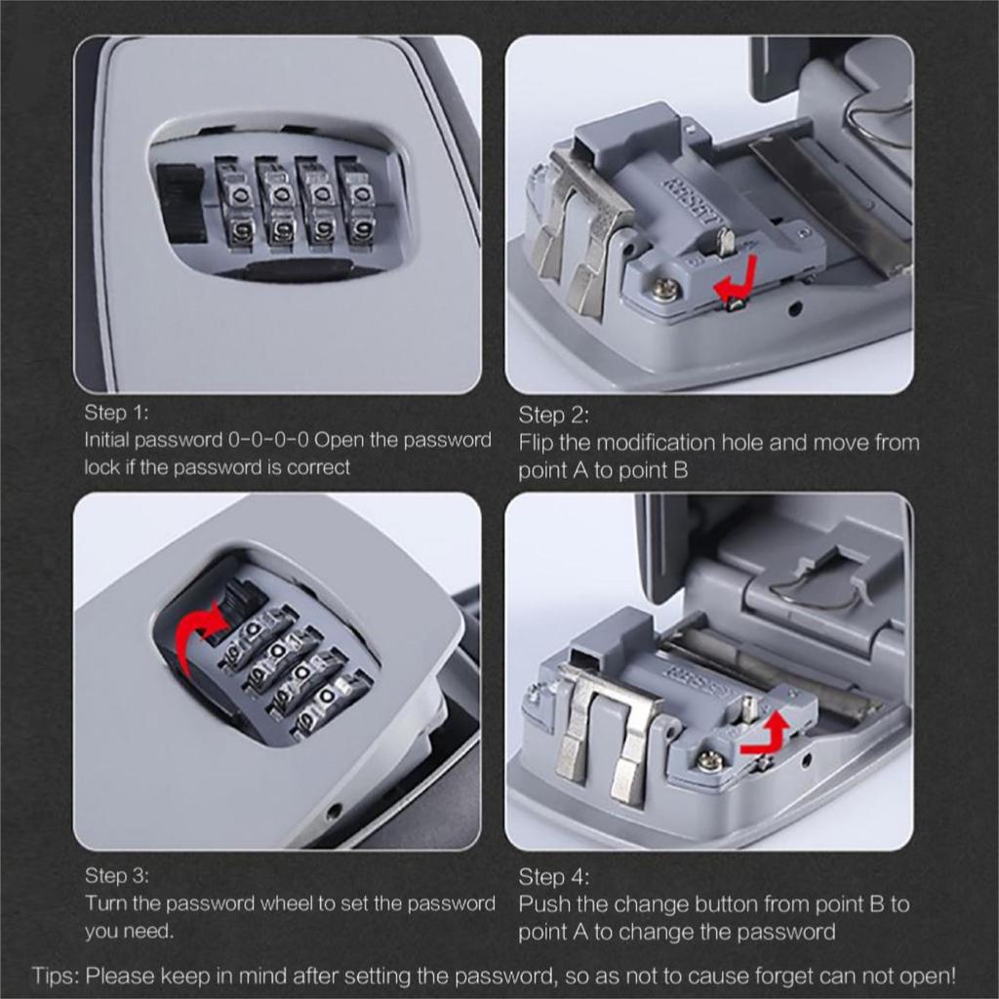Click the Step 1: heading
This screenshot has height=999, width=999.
click(x=116, y=412)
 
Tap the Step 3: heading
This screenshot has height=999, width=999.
click(x=116, y=875)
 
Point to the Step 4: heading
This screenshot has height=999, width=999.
click(x=553, y=877)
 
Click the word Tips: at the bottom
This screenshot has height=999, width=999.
click(x=58, y=976)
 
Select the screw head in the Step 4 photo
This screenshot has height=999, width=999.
click(x=710, y=759)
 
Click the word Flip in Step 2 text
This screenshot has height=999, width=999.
click(x=537, y=443)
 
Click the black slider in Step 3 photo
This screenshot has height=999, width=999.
click(x=233, y=599)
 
